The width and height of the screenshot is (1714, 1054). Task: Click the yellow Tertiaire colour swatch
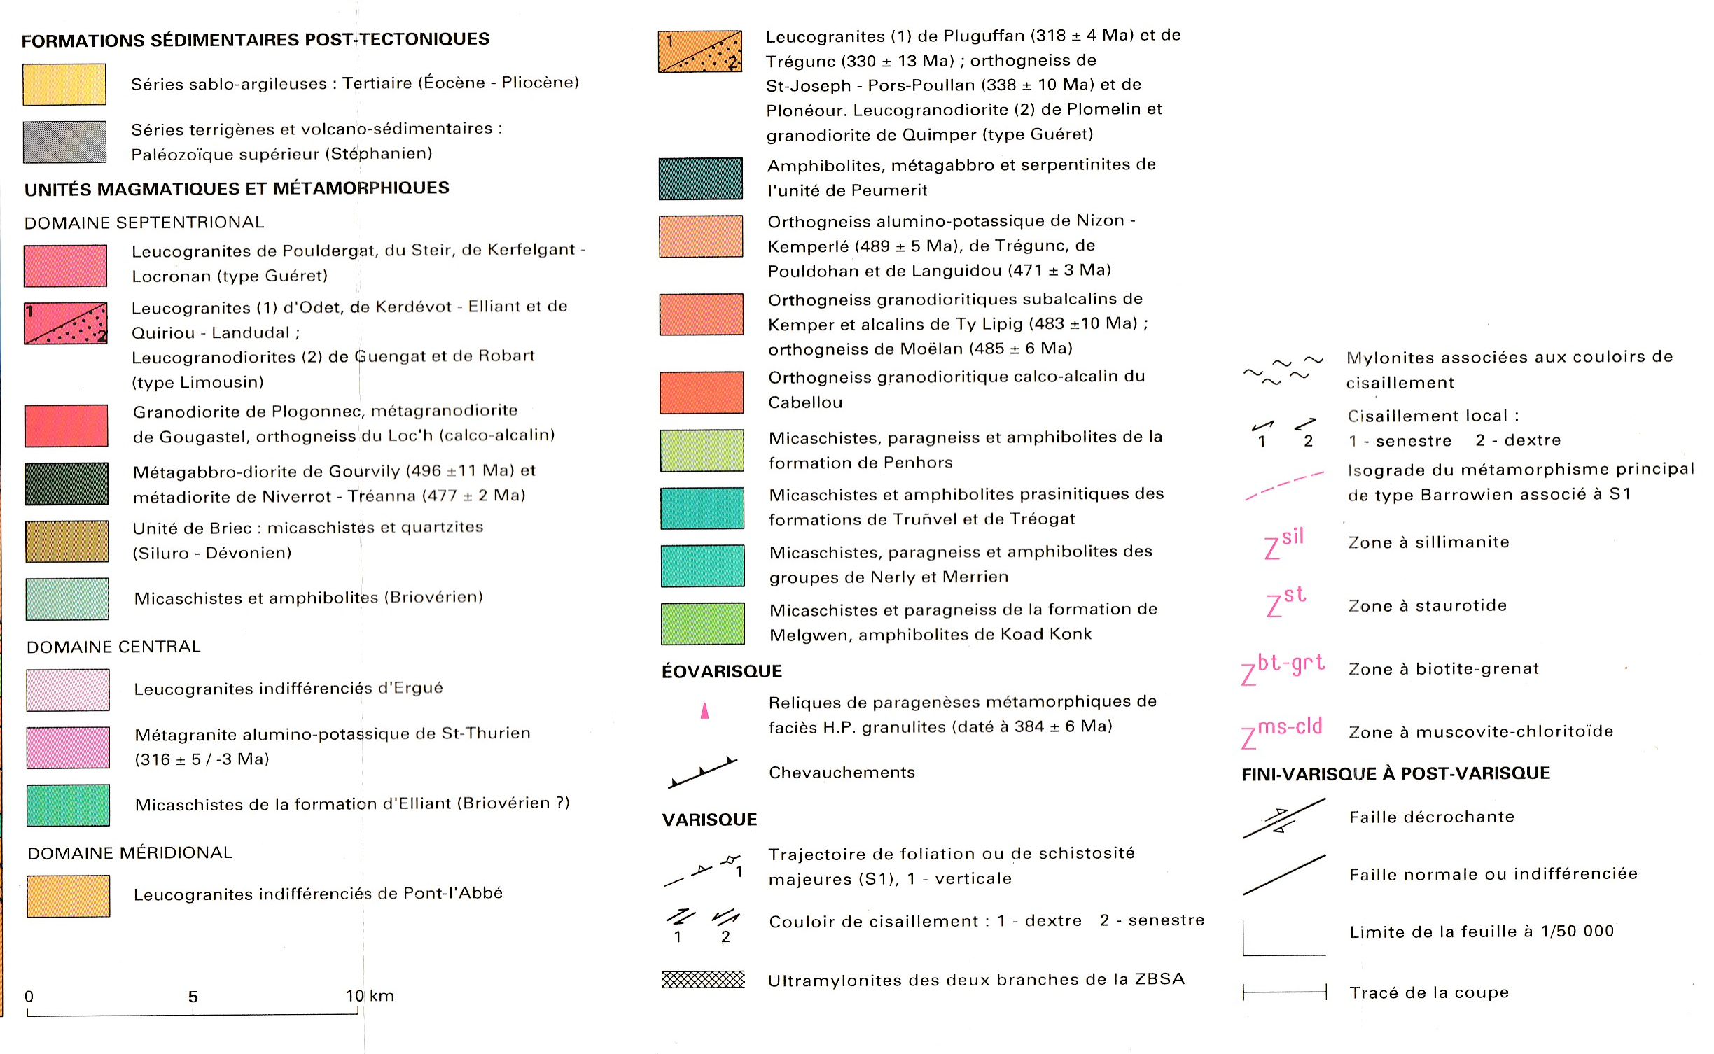pos(64,84)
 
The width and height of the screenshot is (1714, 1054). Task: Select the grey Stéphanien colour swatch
pos(64,142)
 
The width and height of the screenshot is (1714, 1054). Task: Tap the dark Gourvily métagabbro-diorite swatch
pos(67,484)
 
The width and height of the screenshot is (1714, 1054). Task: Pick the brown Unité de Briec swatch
pos(67,541)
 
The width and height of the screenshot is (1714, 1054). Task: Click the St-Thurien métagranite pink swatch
pos(68,747)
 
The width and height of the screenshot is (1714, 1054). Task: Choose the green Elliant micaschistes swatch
pos(68,805)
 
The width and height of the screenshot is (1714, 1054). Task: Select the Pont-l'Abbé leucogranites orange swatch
pos(68,896)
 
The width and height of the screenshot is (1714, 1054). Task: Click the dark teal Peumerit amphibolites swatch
pos(700,178)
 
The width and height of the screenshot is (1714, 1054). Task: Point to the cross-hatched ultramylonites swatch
pos(703,979)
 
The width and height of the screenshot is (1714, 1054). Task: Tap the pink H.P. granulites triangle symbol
pos(704,711)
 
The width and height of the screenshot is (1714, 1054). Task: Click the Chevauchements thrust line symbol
pos(702,773)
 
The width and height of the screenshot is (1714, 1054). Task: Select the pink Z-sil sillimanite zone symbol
pos(1284,543)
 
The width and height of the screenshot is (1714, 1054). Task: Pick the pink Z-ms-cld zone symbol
pos(1281,732)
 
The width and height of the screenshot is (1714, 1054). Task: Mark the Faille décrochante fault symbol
pos(1283,818)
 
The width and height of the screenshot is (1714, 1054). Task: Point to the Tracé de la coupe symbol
pos(1284,992)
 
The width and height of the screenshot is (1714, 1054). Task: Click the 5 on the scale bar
pos(193,997)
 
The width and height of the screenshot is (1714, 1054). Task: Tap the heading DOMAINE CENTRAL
pos(113,647)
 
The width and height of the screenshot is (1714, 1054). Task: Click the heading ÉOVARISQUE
pos(722,671)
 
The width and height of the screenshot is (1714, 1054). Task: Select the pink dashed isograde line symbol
pos(1284,485)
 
